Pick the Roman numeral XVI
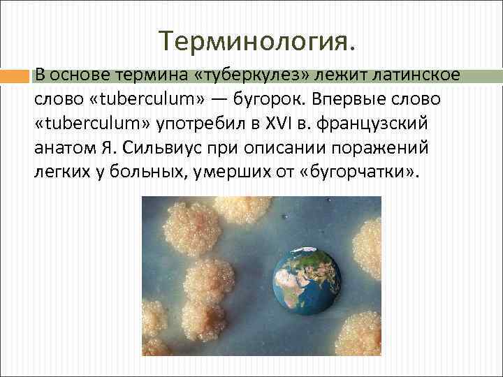click(275, 125)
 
